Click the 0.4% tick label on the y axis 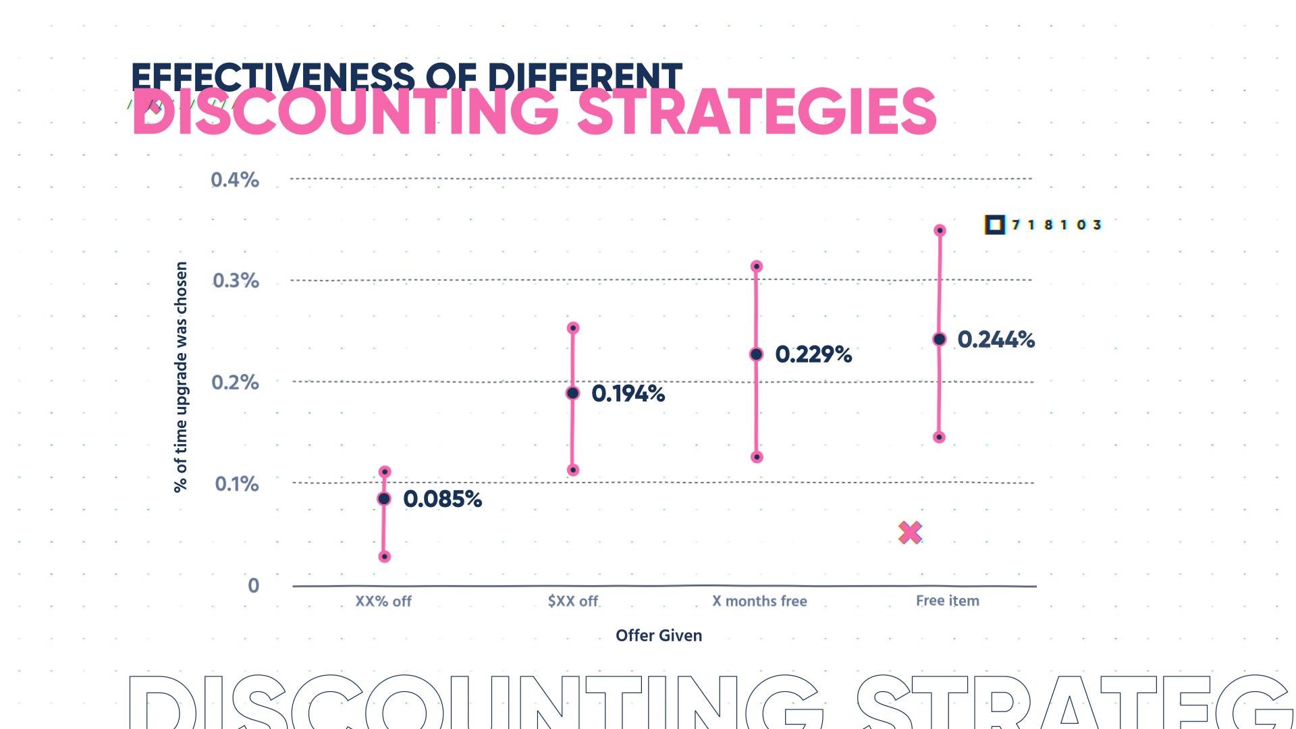(235, 180)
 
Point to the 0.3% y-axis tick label (236, 281)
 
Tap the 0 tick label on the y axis (253, 585)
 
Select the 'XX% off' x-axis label (383, 601)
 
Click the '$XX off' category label (572, 601)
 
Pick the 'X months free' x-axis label (759, 601)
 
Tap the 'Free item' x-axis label (947, 600)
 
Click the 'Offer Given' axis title (658, 635)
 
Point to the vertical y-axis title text (181, 377)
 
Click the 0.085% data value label (442, 499)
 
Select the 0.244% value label (996, 339)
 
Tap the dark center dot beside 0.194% (572, 393)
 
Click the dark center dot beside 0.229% (756, 354)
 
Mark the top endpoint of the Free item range (940, 231)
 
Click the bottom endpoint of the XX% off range (384, 557)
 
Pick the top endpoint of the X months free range (757, 267)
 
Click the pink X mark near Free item (910, 533)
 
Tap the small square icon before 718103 (994, 225)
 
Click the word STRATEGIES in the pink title (756, 113)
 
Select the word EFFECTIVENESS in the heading (273, 76)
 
